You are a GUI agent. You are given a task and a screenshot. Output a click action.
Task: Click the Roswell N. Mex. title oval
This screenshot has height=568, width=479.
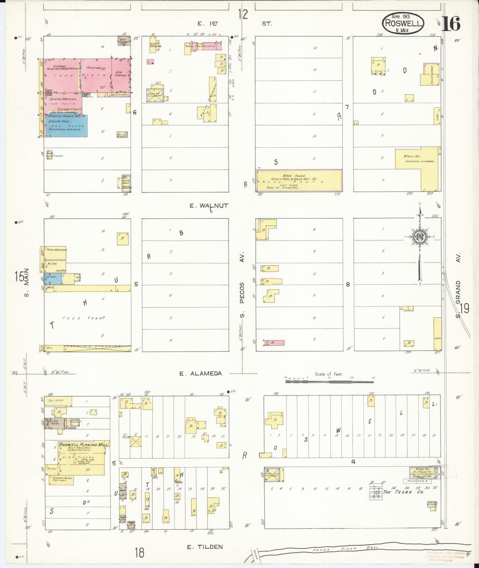(x=403, y=24)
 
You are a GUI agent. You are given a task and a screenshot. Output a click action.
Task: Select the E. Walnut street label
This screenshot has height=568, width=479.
(x=209, y=206)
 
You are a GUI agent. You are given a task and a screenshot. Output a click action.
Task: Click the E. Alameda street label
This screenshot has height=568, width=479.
(x=200, y=373)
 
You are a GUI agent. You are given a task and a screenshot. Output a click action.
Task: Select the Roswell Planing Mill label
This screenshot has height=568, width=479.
(x=83, y=445)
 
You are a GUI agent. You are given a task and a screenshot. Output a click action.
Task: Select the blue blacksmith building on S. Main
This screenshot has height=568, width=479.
(x=53, y=278)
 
